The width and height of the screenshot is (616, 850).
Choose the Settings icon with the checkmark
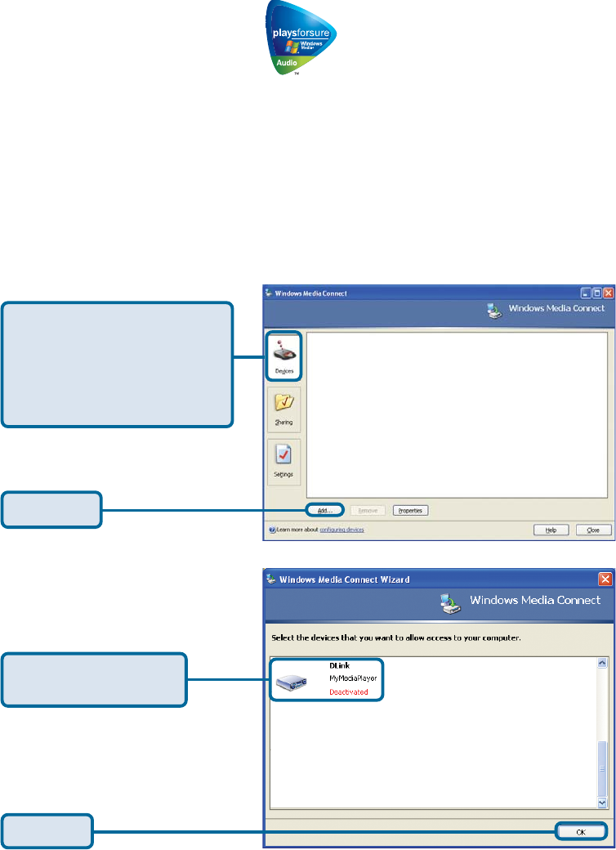[x=283, y=460]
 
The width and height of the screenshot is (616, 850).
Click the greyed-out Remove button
[x=368, y=510]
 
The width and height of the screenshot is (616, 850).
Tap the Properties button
[x=411, y=510]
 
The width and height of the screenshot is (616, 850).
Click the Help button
[x=551, y=530]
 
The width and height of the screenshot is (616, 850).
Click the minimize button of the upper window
[x=586, y=293]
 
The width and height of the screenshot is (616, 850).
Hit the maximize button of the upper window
[x=596, y=293]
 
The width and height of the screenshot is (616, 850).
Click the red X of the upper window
[x=607, y=293]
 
